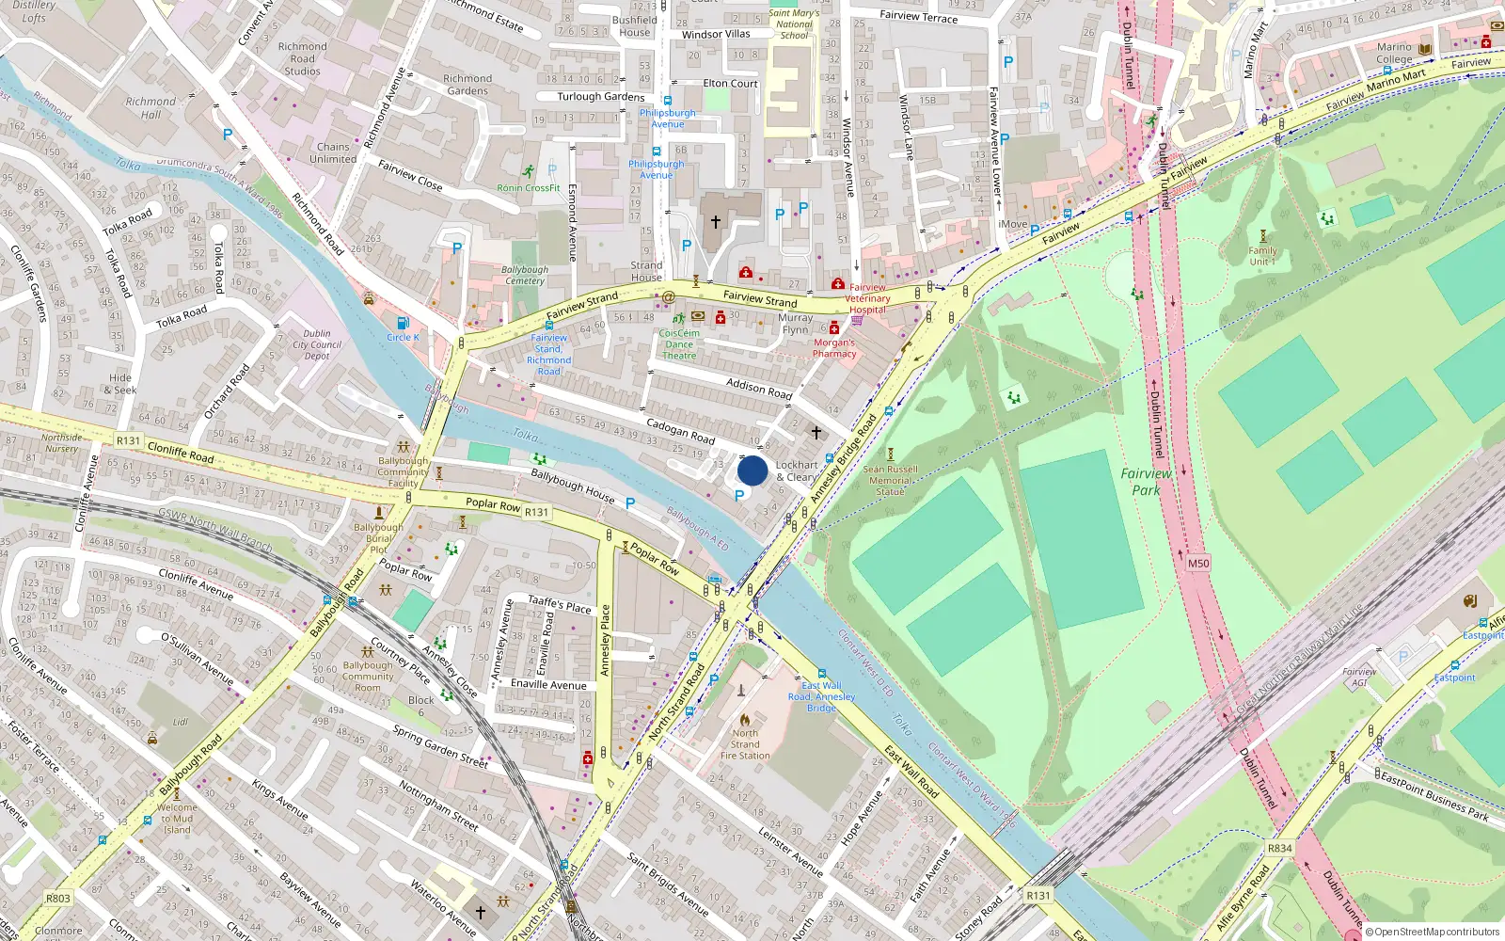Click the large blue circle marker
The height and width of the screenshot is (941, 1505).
coord(752,470)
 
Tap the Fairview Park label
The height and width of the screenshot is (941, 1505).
coord(1146,482)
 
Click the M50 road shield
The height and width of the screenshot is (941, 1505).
coord(1197,564)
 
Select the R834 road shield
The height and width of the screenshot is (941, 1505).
coord(1279,848)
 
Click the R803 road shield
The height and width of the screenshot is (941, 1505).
coord(58,898)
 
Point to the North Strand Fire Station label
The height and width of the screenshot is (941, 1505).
coord(745,744)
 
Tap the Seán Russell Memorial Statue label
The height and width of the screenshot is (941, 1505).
coord(890,480)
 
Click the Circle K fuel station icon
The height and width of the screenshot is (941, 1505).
coord(403,323)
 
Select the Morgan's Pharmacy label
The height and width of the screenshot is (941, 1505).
coord(834,348)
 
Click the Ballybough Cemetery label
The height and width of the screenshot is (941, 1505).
coord(525,275)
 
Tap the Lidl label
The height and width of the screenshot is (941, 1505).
coord(181,723)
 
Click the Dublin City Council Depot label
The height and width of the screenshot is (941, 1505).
coord(317,344)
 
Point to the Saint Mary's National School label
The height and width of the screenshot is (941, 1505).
coord(794,24)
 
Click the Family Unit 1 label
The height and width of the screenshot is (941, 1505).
coord(1262,256)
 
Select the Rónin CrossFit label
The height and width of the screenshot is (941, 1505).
coord(529,188)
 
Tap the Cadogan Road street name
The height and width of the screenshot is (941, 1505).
coord(680,431)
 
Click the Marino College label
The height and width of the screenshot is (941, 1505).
coord(1394,53)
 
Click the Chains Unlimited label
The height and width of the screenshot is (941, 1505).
coord(333,152)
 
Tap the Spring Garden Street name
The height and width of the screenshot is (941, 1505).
coord(440,746)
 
